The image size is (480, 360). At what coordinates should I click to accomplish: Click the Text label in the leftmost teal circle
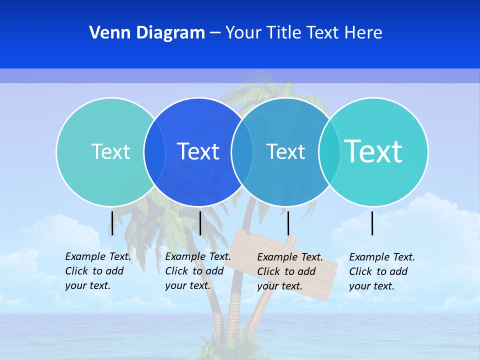(x=110, y=151)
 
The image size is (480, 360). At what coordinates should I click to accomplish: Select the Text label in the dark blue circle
(x=198, y=151)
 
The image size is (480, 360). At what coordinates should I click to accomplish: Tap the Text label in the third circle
(x=285, y=151)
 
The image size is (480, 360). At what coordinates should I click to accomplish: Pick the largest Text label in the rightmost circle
(x=373, y=151)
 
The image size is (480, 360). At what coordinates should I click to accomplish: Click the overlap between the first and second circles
(x=154, y=151)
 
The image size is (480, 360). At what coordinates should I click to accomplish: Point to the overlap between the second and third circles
(x=242, y=151)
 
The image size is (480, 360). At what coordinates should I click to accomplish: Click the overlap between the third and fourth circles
(x=329, y=151)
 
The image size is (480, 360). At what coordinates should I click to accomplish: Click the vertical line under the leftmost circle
(x=112, y=223)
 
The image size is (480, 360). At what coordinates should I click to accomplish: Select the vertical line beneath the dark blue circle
(x=200, y=223)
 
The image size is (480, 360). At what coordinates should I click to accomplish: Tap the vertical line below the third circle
(x=288, y=223)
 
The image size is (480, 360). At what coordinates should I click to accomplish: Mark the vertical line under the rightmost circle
(x=372, y=223)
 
